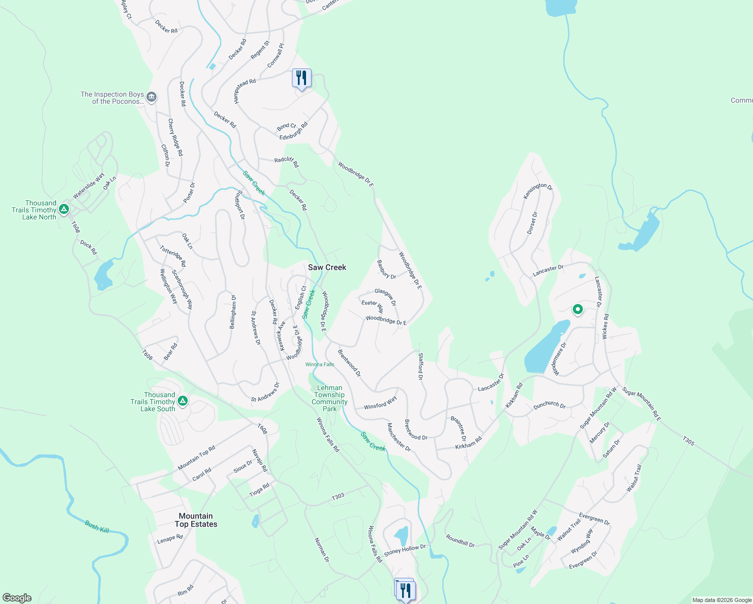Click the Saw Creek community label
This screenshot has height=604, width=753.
coord(327,267)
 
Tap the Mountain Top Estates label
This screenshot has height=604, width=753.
coord(196,520)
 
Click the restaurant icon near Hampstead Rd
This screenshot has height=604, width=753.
coord(302,78)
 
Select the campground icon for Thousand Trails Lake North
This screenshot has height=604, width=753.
coord(63,209)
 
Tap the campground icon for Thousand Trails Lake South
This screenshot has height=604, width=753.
coord(183,401)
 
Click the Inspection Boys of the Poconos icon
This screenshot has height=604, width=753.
coord(152,97)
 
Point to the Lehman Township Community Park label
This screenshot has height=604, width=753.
coord(329,398)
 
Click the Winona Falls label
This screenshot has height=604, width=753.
coord(320,364)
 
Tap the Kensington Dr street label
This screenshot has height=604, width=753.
coord(538,191)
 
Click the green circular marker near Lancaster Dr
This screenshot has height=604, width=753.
coord(578,309)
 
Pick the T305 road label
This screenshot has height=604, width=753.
coord(689,441)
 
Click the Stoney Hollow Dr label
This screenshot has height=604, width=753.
coord(405,550)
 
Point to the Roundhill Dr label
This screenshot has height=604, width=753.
coord(460,541)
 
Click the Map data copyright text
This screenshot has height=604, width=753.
coord(721,600)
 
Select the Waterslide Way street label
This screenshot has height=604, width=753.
coord(89,186)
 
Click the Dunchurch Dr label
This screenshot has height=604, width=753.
coord(549,405)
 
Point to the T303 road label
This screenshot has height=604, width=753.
coord(338,496)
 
